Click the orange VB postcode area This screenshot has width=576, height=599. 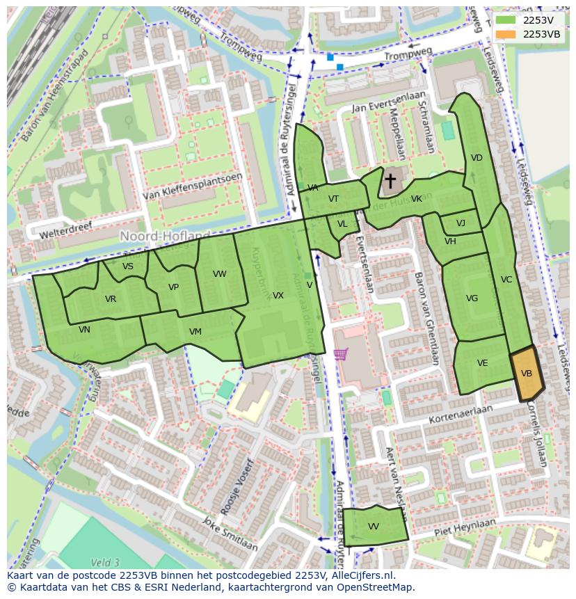pyautogui.click(x=527, y=374)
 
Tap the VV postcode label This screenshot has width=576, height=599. pyautogui.click(x=374, y=526)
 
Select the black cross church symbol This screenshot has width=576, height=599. pyautogui.click(x=390, y=182)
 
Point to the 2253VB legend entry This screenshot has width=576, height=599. pyautogui.click(x=541, y=34)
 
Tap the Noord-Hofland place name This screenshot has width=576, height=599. pyautogui.click(x=165, y=237)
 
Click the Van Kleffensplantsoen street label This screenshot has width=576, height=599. pyautogui.click(x=193, y=186)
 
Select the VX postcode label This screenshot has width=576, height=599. pyautogui.click(x=278, y=296)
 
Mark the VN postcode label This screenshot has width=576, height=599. pyautogui.click(x=84, y=330)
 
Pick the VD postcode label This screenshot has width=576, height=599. pyautogui.click(x=477, y=158)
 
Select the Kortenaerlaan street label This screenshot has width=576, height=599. pyautogui.click(x=461, y=414)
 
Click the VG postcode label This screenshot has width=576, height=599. pyautogui.click(x=472, y=298)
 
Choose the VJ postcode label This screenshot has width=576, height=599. pyautogui.click(x=461, y=223)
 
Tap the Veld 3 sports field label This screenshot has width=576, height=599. pyautogui.click(x=105, y=562)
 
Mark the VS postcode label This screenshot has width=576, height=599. pyautogui.click(x=128, y=266)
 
